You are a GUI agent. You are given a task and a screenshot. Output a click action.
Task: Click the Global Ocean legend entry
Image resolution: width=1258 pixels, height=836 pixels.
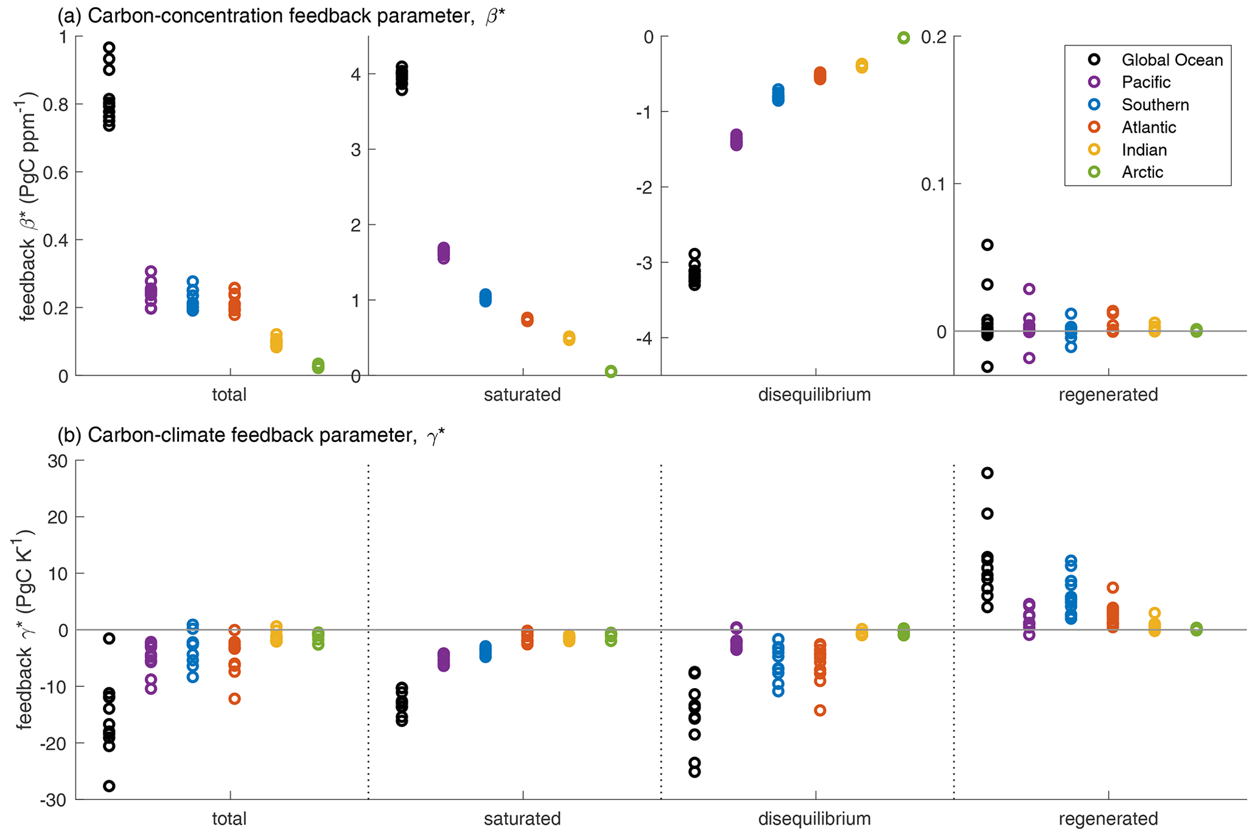tap(1172, 60)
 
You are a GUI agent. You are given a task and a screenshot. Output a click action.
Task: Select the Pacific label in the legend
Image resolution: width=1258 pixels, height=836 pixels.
tap(1146, 82)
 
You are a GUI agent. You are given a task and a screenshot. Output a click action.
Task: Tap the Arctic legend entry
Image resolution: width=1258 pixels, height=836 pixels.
tap(1142, 172)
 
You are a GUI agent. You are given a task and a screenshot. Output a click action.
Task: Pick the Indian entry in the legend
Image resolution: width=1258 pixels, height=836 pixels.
tap(1144, 150)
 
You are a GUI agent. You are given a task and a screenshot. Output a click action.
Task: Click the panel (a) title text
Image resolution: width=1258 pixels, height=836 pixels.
tap(281, 16)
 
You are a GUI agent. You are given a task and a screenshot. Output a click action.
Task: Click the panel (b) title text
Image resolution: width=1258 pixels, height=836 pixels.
tap(251, 435)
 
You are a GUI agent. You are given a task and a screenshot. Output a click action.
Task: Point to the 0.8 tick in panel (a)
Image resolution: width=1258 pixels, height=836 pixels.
tap(56, 105)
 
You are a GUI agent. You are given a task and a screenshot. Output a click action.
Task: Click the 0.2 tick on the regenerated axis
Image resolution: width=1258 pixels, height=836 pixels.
tap(934, 37)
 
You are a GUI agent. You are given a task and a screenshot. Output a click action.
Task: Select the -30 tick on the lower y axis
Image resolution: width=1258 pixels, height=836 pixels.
tap(54, 799)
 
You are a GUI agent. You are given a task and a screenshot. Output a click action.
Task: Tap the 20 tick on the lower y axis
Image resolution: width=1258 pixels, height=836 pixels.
tap(58, 517)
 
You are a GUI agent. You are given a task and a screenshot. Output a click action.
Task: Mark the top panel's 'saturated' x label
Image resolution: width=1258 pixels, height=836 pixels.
tap(522, 395)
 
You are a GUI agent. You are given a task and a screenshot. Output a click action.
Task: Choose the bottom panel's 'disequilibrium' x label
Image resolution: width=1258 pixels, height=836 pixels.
tap(814, 819)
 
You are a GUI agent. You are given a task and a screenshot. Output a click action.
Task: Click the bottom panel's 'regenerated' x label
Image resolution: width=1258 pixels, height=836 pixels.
tap(1108, 819)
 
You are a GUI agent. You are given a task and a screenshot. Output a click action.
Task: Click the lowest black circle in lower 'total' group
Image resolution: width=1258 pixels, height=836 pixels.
tap(109, 786)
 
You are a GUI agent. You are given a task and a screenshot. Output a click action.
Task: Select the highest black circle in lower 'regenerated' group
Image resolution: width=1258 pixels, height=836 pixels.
tap(987, 473)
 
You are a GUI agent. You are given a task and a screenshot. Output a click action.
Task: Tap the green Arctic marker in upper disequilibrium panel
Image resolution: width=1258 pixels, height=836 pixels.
tap(904, 38)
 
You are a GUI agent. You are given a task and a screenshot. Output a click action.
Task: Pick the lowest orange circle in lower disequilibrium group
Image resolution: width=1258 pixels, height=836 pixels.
tap(820, 710)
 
